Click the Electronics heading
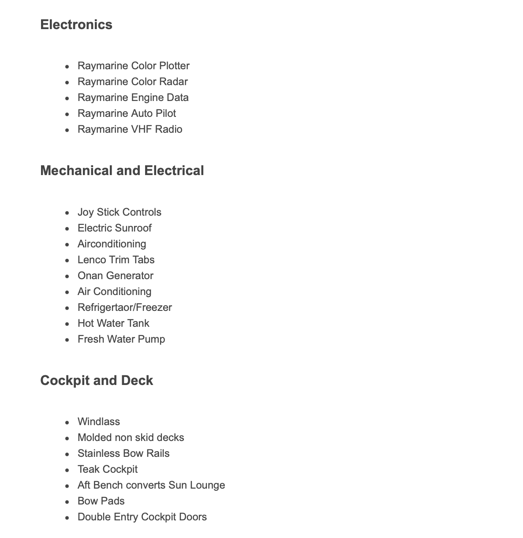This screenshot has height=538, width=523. pos(76,25)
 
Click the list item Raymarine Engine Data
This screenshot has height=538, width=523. pos(133,97)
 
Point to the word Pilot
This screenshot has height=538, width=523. pos(165,113)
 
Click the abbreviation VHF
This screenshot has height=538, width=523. pos(142,129)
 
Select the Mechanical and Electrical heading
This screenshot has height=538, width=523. pos(122,171)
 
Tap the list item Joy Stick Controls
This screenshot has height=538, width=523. pos(119,212)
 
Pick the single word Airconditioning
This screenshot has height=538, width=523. pos(112,244)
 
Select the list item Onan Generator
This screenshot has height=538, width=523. pos(115,276)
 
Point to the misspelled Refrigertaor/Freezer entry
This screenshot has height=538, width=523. pos(124,307)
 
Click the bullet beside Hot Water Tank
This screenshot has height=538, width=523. pos(67,324)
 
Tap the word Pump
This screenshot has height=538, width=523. pos(153,339)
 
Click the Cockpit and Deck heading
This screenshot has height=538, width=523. pos(97,381)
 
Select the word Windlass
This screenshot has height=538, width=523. pos(98,422)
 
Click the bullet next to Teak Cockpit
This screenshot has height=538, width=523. pos(67,470)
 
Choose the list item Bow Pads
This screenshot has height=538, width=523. pos(101,501)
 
